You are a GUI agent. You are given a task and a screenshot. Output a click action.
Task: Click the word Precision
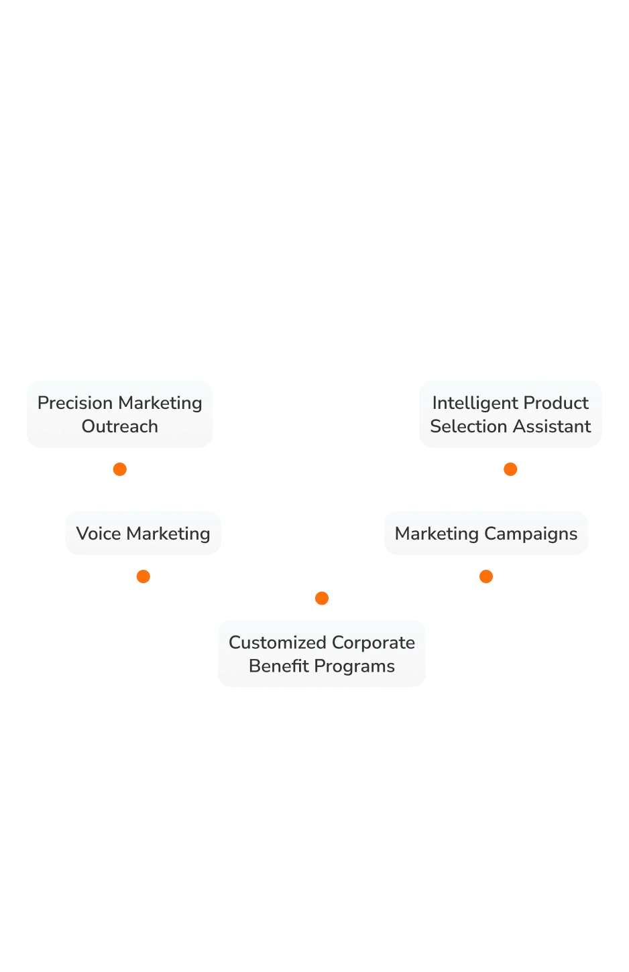pos(75,403)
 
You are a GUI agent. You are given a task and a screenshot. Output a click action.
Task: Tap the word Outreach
pos(120,426)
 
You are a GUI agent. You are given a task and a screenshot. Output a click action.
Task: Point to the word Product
pos(556,403)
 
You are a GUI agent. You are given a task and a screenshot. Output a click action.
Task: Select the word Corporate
pos(373,642)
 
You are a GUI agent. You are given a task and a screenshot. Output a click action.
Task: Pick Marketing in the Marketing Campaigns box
pos(437,534)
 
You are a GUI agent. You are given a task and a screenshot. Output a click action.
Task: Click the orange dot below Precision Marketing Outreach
pos(120,469)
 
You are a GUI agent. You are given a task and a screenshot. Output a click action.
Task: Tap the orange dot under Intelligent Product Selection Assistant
pos(511,469)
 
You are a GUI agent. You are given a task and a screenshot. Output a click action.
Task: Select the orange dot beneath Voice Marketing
pos(142,576)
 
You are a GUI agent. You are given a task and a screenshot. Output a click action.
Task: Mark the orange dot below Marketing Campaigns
pos(485,576)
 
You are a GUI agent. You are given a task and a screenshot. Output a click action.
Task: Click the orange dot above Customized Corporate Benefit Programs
pos(322,598)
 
